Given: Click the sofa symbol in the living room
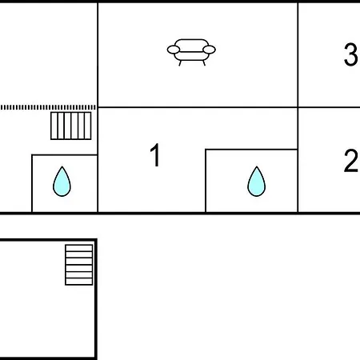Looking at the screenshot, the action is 191,52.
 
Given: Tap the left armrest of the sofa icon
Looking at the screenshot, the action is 174,50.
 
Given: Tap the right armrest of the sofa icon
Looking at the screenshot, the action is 209,50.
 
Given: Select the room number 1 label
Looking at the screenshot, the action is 155,155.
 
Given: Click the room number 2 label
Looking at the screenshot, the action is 350,161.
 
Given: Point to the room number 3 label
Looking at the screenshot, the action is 350,54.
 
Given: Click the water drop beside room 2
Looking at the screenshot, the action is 257,182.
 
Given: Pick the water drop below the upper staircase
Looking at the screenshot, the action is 62,182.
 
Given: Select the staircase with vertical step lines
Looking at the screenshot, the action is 71,126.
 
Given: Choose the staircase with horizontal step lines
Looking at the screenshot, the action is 79,265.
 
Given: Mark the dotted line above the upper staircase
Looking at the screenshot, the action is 48,107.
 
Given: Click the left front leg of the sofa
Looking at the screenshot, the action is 180,63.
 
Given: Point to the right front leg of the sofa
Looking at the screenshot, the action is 204,63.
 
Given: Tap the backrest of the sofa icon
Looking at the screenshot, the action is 191,43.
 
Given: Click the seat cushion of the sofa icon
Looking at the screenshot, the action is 191,56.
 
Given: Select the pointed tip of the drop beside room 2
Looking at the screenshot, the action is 257,166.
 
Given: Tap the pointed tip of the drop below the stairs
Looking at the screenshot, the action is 62,166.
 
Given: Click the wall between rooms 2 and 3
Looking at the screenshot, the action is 329,107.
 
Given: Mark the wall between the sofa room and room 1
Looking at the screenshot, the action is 198,107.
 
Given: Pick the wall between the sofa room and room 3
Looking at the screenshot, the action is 298,55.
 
